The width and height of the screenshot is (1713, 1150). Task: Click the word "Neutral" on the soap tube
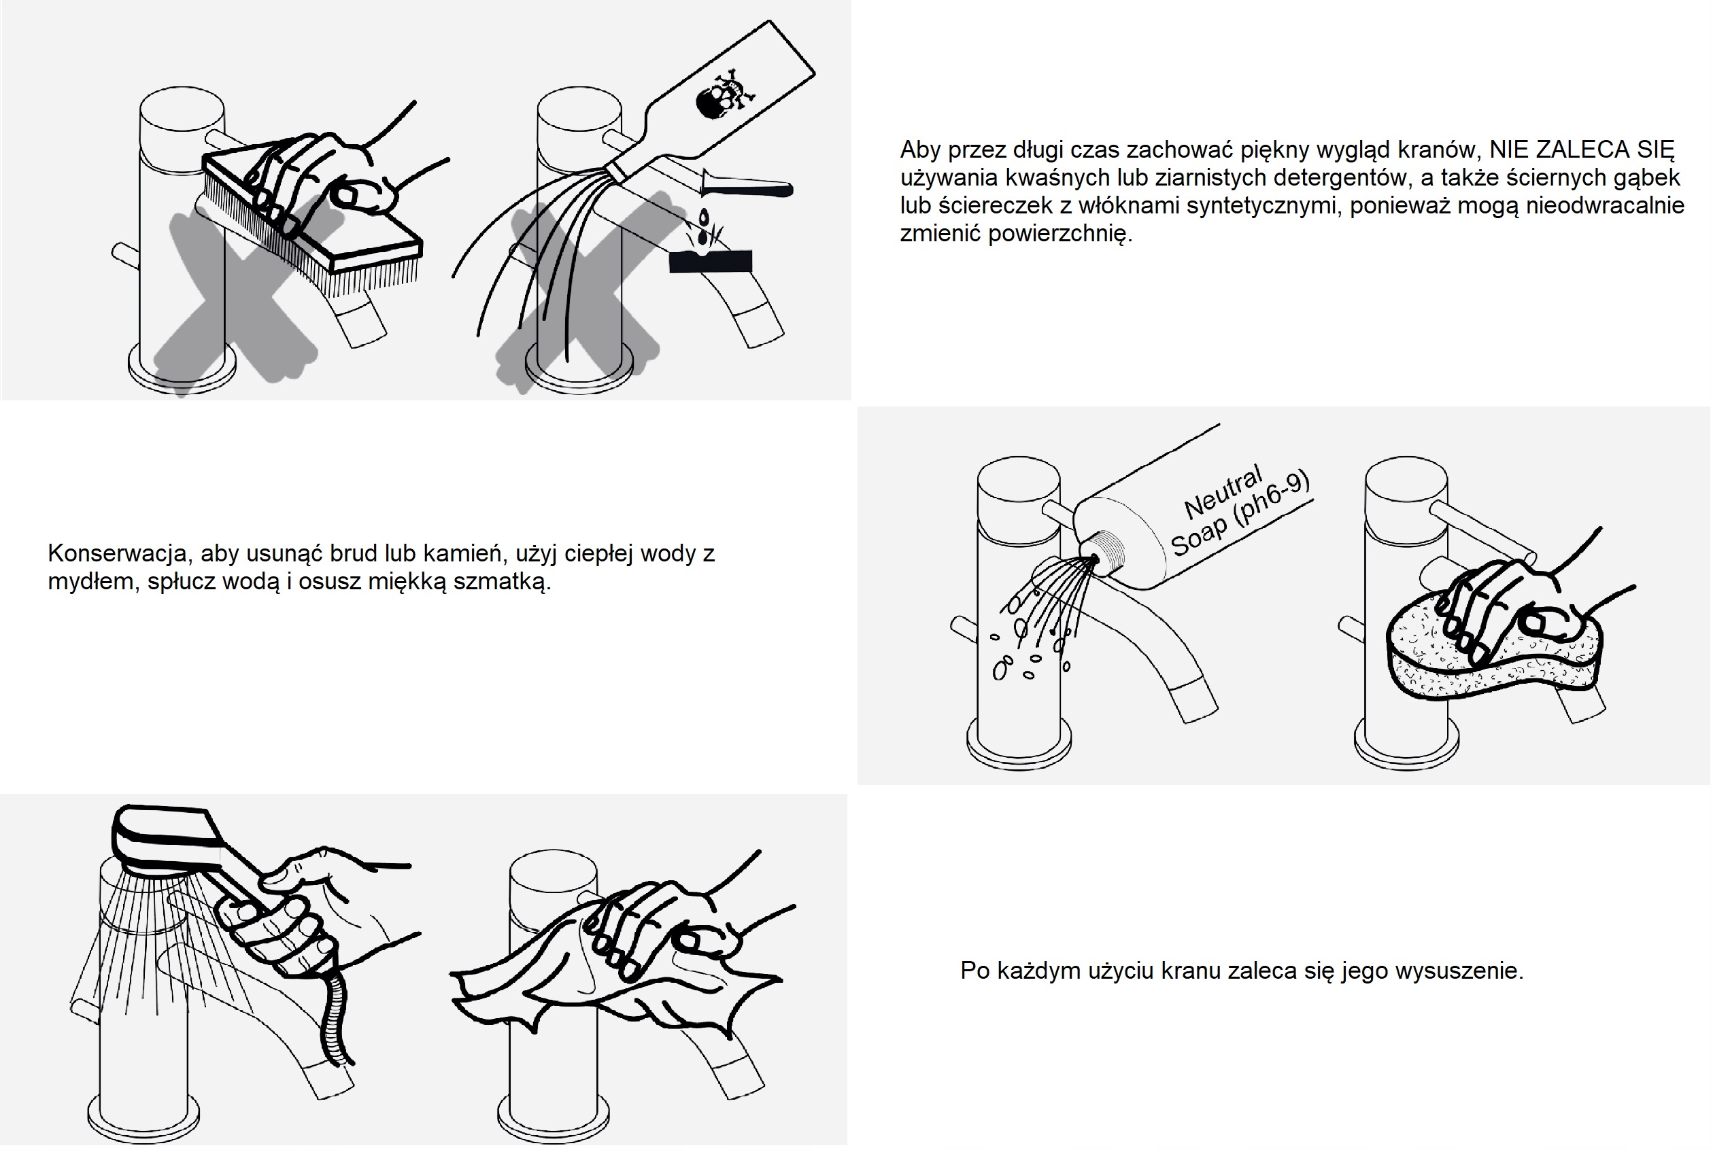click(1223, 491)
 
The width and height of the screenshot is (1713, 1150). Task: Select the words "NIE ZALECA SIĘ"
click(1582, 149)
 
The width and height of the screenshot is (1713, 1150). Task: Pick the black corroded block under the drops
click(711, 261)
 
